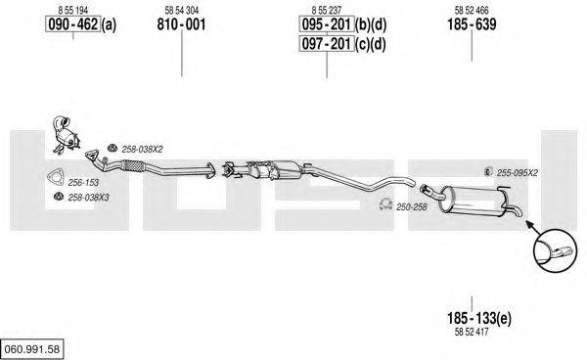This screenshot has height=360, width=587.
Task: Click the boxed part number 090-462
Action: point(73,24)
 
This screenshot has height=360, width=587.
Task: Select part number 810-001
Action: point(181,24)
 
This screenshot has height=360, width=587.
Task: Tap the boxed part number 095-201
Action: point(327,24)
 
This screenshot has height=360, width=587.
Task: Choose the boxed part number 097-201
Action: point(327,44)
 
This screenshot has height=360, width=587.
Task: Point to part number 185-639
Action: point(472,24)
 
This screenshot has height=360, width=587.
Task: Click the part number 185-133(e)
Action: point(478,319)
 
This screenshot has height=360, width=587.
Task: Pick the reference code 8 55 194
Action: point(73,11)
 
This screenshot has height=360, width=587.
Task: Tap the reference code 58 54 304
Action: point(182,11)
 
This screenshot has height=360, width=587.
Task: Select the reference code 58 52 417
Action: point(472,332)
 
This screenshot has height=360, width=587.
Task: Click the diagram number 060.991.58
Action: point(32,349)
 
